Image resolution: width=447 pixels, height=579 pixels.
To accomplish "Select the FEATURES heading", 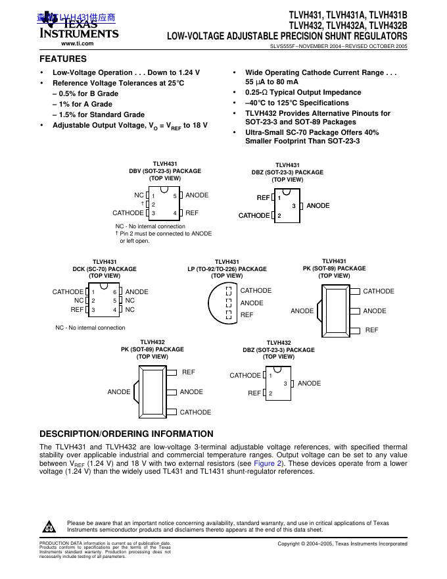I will tap(63, 59).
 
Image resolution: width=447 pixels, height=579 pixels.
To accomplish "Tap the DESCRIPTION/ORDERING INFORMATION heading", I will tap(126, 434).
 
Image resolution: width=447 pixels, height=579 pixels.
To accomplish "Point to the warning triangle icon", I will tap(49, 527).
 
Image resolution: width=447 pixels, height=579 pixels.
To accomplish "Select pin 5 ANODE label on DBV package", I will tap(197, 195).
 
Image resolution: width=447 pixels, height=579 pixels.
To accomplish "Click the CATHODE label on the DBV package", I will tap(128, 213).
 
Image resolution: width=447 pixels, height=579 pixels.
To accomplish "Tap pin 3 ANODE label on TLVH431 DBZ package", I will tap(318, 206).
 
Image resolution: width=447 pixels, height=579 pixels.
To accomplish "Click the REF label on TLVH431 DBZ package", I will tap(263, 197).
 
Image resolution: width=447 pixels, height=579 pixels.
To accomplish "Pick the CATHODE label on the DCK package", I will tap(68, 292).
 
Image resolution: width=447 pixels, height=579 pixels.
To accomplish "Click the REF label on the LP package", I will tap(247, 315).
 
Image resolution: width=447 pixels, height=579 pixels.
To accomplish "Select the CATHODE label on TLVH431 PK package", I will tap(379, 291).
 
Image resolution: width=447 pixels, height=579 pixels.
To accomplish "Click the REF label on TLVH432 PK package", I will tap(189, 372).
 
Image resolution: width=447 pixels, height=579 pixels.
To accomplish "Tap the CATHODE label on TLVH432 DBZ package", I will tap(245, 376).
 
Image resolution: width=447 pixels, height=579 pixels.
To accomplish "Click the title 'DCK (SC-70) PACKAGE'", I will tap(105, 269).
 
